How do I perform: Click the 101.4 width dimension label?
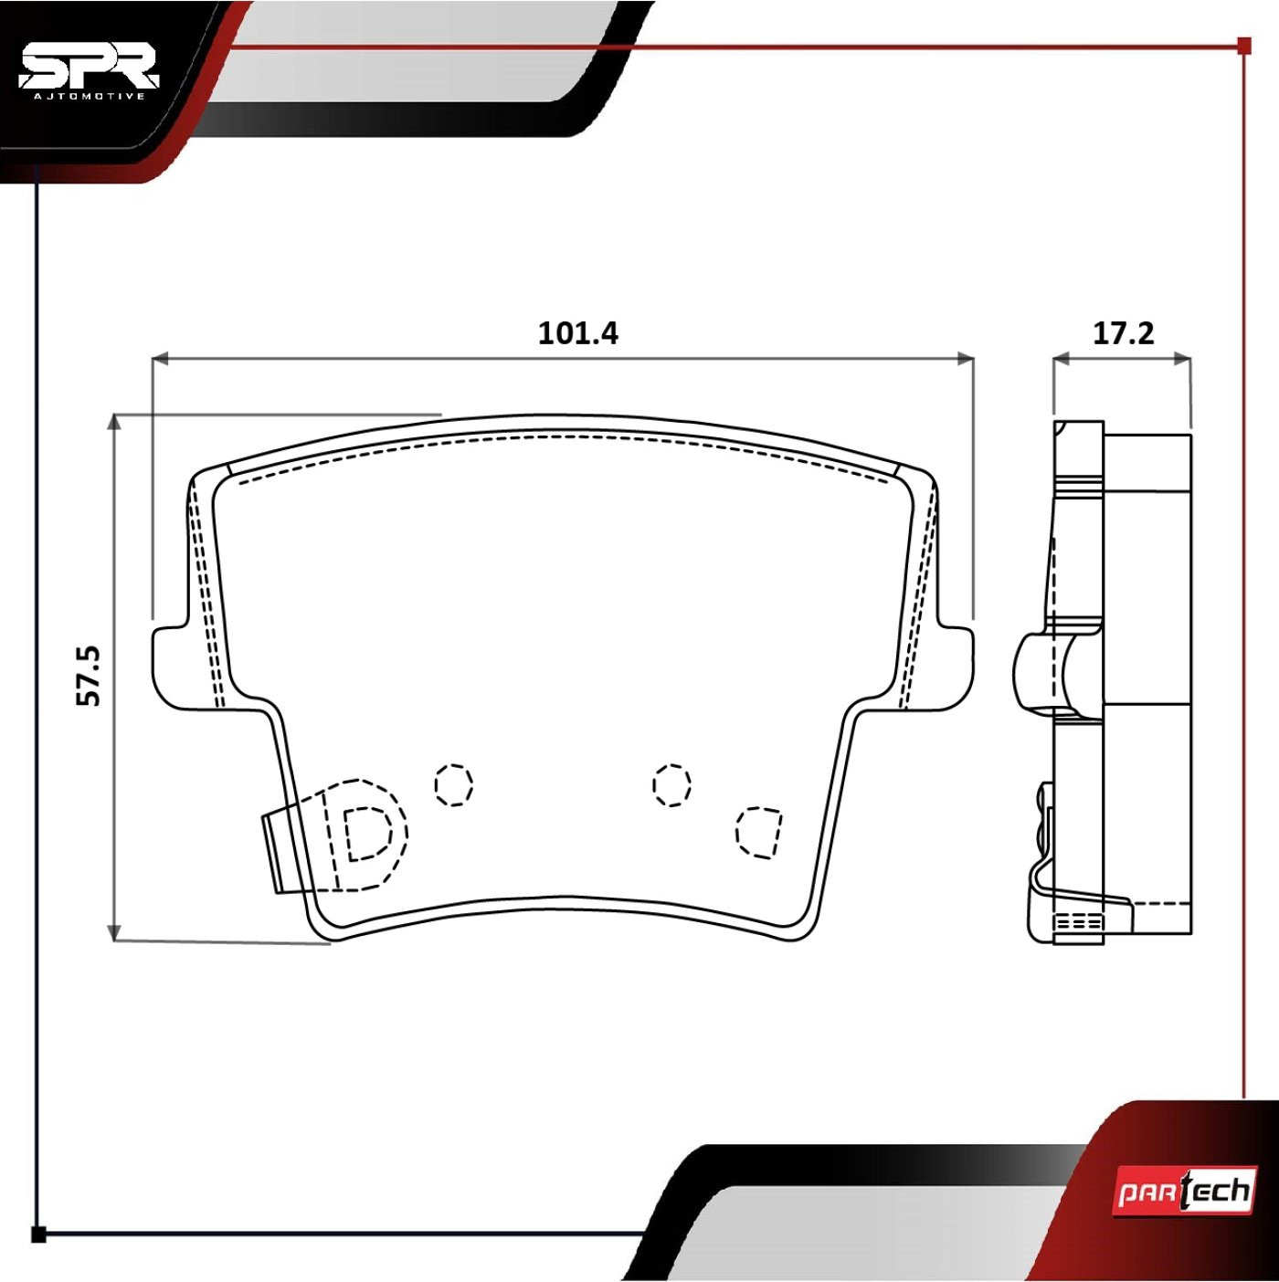[577, 332]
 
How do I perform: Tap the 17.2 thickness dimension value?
[1123, 332]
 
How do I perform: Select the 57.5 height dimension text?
[88, 675]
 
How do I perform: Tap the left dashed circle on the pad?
[453, 785]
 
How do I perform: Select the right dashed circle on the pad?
[671, 785]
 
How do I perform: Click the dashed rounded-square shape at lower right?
[758, 832]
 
